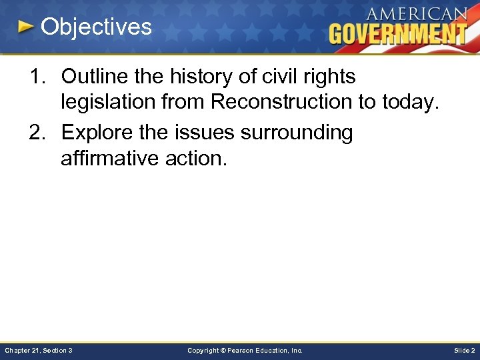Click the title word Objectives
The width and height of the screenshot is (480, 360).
pos(96,27)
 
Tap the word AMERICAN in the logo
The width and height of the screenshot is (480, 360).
pos(416,13)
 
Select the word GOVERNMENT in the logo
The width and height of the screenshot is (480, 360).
pos(397,33)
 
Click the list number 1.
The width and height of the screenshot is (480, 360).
pos(36,77)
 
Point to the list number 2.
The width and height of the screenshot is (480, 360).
pos(36,133)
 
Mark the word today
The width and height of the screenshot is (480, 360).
pos(408,103)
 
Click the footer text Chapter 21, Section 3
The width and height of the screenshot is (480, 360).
pos(39,350)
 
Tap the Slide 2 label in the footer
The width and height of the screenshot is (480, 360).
pos(464,350)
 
